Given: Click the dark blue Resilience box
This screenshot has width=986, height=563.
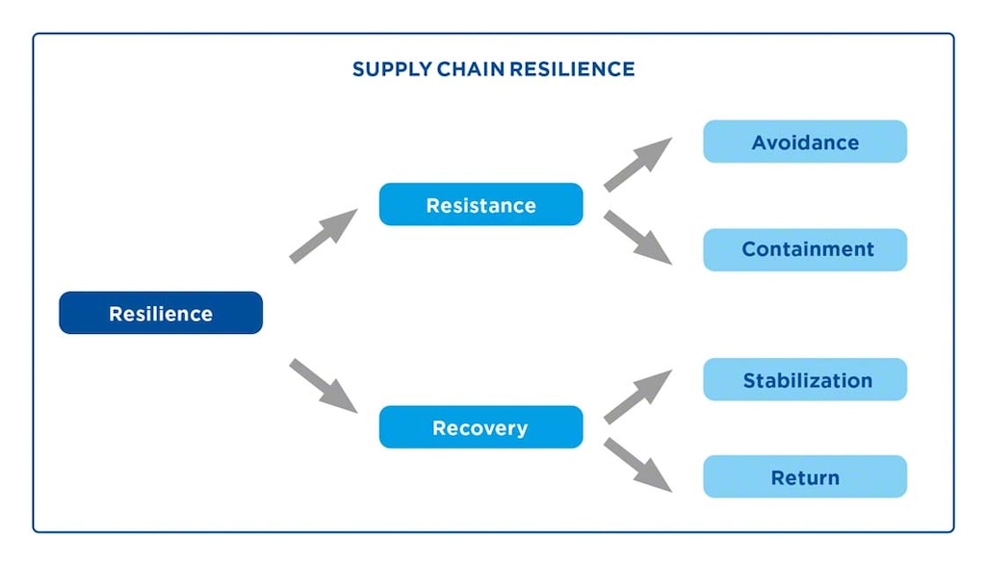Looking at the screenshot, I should [160, 313].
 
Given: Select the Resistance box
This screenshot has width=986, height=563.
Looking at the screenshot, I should [480, 204].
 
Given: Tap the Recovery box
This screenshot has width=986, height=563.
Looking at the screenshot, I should [480, 427].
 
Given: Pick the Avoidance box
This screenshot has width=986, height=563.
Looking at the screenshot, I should [805, 141].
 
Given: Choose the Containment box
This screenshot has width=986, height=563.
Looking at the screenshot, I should [805, 249].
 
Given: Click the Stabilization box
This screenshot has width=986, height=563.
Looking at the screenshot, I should [805, 380].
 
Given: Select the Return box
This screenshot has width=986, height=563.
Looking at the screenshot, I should [805, 477].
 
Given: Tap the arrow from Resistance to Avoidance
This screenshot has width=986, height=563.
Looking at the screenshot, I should [638, 164].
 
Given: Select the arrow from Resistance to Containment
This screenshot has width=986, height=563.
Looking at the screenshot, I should [638, 237].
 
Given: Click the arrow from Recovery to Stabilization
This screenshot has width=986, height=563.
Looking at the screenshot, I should [638, 396].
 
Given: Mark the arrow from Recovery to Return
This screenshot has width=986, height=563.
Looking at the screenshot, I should [638, 465].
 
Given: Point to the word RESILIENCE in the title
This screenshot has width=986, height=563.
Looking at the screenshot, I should [572, 69].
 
